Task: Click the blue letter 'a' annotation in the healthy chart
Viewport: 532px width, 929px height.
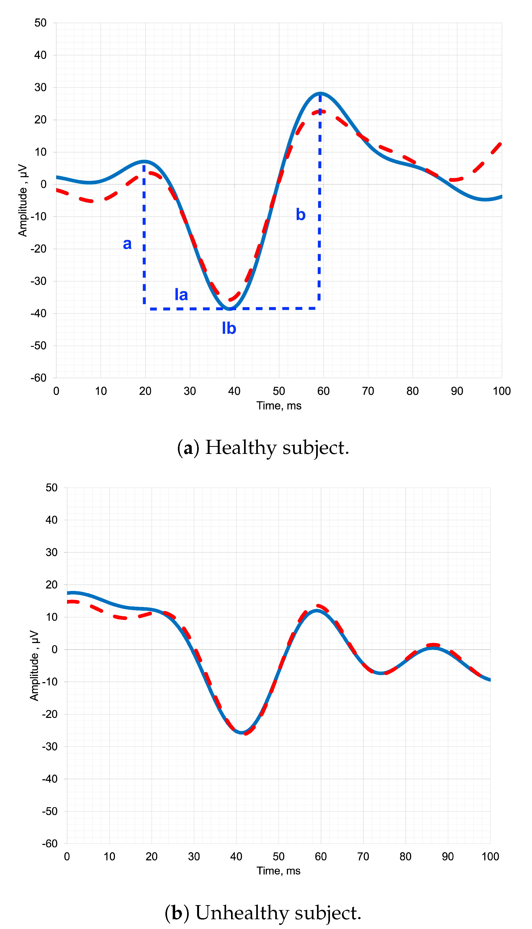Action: click(x=127, y=244)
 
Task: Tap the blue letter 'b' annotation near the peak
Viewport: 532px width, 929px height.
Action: click(x=300, y=215)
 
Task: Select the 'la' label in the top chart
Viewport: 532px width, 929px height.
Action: click(x=181, y=295)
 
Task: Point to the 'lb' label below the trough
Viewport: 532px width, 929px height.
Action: click(x=229, y=328)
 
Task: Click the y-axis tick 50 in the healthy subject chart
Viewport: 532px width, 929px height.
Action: click(x=41, y=23)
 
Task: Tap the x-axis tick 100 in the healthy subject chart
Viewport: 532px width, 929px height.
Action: click(x=501, y=391)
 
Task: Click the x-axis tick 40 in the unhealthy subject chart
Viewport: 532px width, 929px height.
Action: click(x=236, y=857)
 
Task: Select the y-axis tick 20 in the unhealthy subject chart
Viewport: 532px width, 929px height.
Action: click(x=52, y=585)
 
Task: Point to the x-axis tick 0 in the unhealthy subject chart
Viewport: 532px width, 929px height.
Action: click(x=67, y=857)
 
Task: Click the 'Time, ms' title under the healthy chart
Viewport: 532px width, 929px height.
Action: click(x=279, y=406)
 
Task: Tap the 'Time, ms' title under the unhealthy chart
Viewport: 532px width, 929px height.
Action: click(x=278, y=871)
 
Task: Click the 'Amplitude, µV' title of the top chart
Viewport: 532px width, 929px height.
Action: click(x=23, y=200)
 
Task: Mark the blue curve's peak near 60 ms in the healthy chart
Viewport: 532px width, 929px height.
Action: click(x=321, y=93)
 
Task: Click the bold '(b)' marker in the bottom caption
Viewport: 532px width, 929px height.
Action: click(x=177, y=913)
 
